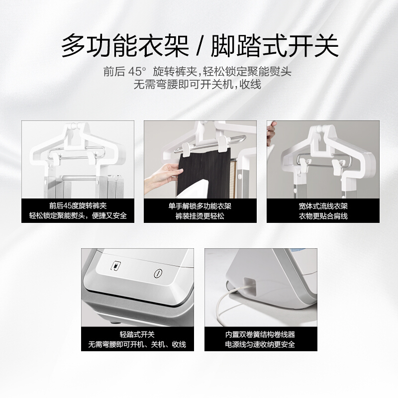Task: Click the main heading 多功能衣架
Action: (x=125, y=46)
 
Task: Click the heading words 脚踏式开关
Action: (x=275, y=46)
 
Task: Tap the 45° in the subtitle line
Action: (x=137, y=72)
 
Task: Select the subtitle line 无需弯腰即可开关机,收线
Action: (x=197, y=85)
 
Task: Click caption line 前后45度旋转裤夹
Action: (x=78, y=205)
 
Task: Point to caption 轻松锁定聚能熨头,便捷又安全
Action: (x=78, y=215)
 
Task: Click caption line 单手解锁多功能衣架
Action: (x=200, y=206)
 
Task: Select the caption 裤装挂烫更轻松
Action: (x=200, y=216)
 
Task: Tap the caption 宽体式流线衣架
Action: (x=323, y=206)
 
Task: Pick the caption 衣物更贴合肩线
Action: (x=323, y=216)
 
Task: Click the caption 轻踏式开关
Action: (x=137, y=334)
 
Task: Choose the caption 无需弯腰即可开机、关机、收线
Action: (x=137, y=344)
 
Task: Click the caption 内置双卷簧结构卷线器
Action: (x=260, y=334)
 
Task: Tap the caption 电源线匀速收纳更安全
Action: (x=260, y=344)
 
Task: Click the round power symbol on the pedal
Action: (x=158, y=273)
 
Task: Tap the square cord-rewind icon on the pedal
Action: (x=116, y=266)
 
